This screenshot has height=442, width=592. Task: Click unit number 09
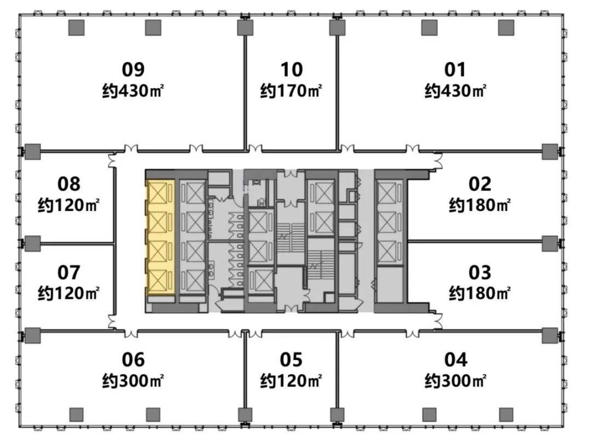(x=133, y=70)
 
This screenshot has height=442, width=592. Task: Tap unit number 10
(x=291, y=70)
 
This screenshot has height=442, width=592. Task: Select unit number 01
(x=455, y=70)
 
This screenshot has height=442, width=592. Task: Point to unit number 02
(x=480, y=184)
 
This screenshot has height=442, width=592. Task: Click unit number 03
(x=480, y=272)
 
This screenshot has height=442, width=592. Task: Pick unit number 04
(x=456, y=359)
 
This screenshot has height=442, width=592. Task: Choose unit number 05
(x=291, y=359)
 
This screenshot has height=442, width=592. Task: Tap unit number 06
(x=133, y=359)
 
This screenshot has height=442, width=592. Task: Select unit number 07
(x=69, y=272)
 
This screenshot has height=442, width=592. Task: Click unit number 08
(x=69, y=184)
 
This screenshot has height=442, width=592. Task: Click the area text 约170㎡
(x=291, y=91)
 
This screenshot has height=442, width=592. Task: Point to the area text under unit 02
(x=480, y=205)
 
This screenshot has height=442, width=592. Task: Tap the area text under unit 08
(x=69, y=205)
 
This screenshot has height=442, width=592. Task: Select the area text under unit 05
(x=291, y=381)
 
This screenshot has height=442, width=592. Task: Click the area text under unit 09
(x=133, y=91)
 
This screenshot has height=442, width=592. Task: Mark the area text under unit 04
(x=456, y=381)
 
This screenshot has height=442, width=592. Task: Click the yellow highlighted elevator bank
(x=161, y=237)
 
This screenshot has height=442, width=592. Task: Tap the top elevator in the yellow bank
(x=158, y=194)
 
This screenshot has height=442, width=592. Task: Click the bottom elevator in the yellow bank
(x=158, y=282)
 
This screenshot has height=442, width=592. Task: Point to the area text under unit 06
(x=133, y=381)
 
